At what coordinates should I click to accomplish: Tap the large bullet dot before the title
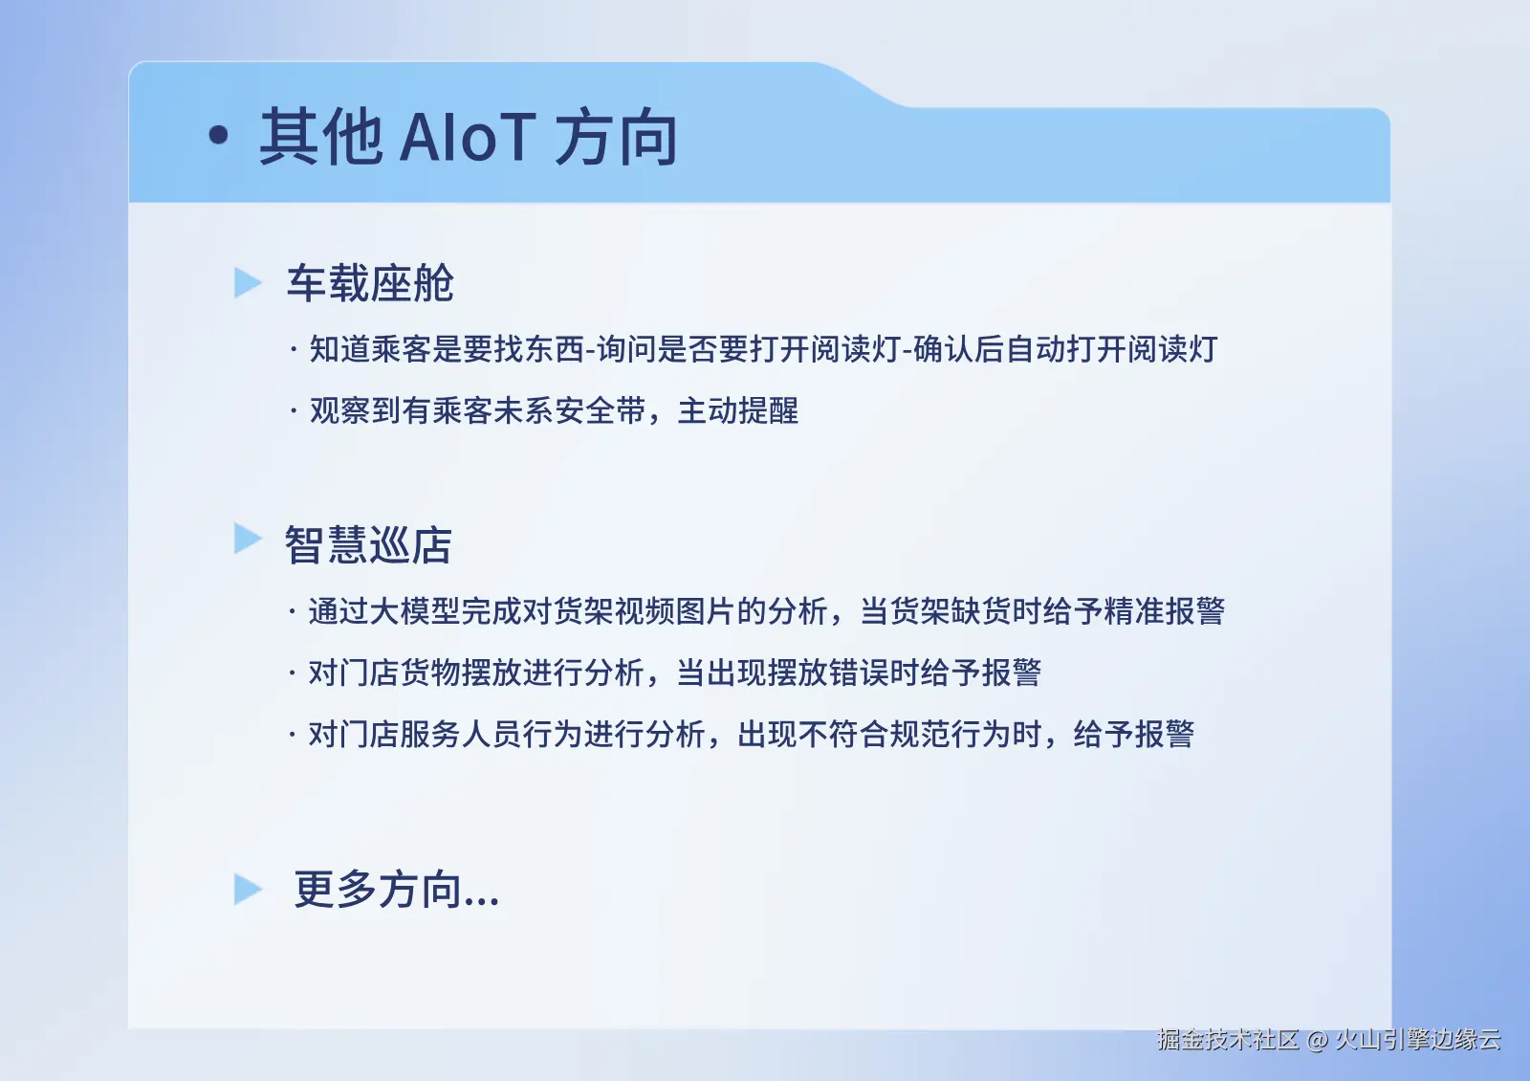219,135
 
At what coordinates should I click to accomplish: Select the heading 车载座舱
370,283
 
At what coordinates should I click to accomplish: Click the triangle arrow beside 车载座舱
248,283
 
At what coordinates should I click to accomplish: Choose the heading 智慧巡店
368,544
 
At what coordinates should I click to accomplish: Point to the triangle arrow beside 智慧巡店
248,539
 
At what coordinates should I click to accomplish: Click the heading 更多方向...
397,889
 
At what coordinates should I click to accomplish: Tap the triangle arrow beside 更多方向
248,889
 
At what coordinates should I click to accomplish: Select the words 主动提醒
737,410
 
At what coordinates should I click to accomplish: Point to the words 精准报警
1165,611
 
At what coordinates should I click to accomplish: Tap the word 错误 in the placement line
860,673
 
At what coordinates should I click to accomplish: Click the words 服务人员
461,735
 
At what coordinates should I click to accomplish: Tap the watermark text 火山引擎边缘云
1418,1040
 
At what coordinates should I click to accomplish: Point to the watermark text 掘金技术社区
1228,1040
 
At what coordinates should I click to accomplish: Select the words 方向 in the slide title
616,138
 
